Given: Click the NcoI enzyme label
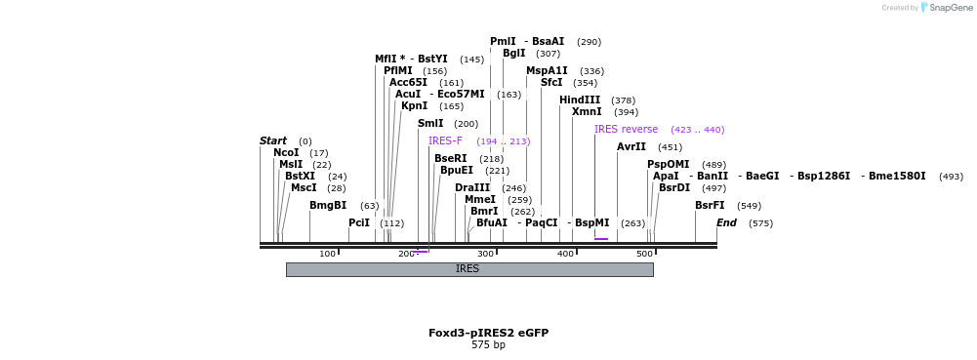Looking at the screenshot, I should [x=286, y=153].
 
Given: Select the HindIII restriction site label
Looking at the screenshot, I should [x=580, y=100].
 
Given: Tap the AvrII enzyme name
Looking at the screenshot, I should [x=631, y=147].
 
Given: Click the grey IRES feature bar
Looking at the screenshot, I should [x=468, y=269].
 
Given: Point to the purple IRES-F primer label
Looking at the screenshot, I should [x=445, y=141].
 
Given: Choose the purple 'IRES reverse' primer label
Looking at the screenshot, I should [x=626, y=130].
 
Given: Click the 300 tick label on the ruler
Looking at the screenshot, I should [x=485, y=255].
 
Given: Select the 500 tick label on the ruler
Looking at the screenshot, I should [x=644, y=255].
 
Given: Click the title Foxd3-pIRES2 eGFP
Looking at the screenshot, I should [x=488, y=333].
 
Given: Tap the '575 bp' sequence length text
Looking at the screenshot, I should [x=488, y=345].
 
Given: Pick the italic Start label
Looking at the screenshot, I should [x=273, y=141].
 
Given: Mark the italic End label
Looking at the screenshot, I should [x=726, y=223].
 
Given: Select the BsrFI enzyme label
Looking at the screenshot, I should [x=710, y=206].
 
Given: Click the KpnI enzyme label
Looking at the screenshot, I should [x=414, y=106].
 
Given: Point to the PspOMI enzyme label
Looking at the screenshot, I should [x=669, y=165].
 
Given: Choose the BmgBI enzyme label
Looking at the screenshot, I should [x=328, y=206].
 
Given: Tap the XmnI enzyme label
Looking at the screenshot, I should [x=587, y=112].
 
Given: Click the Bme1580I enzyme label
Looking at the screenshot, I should [x=897, y=177].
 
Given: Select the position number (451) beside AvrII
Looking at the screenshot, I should [x=671, y=148].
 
